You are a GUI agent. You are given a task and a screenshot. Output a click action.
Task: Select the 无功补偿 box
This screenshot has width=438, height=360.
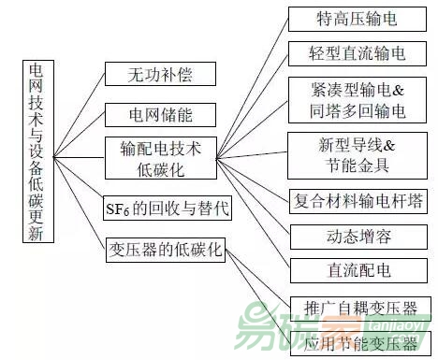[x=161, y=75]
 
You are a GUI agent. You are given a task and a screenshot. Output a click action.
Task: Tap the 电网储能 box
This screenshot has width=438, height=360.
[x=161, y=116]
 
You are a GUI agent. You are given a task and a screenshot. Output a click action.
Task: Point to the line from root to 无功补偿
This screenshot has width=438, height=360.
[x=79, y=101]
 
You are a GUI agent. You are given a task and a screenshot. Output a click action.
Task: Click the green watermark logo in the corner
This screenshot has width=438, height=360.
[x=374, y=332]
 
